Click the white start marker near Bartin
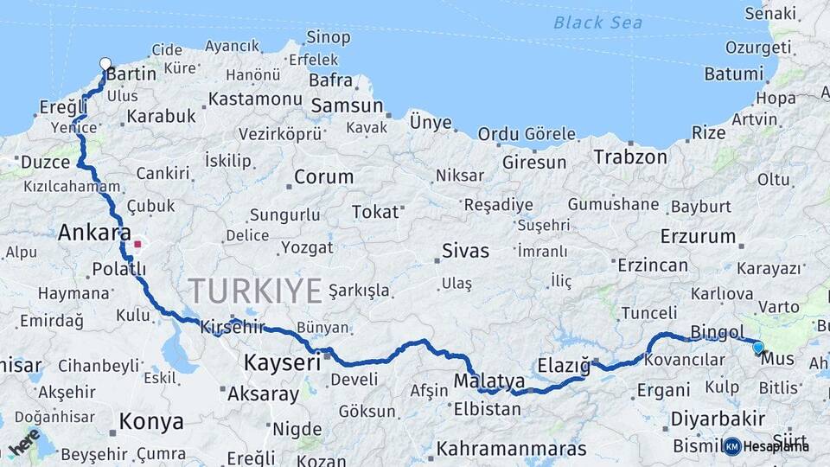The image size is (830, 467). (x=105, y=63)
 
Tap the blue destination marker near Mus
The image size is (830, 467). (x=758, y=347)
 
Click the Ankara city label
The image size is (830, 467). (x=94, y=233)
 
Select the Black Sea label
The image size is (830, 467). (x=598, y=22)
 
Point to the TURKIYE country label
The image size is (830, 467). (x=255, y=291)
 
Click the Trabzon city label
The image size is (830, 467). (x=630, y=157)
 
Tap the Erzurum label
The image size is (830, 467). (x=698, y=235)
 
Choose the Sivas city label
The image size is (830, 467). (x=465, y=251)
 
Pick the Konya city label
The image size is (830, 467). (x=151, y=421)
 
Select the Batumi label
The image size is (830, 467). (x=733, y=74)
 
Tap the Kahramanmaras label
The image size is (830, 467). (x=511, y=449)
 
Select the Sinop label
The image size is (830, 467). (x=329, y=37)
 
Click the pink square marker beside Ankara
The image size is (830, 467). (x=137, y=244)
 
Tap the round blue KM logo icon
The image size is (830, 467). (x=732, y=446)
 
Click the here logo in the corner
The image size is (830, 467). (x=24, y=442)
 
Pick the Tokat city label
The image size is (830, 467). (x=375, y=212)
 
